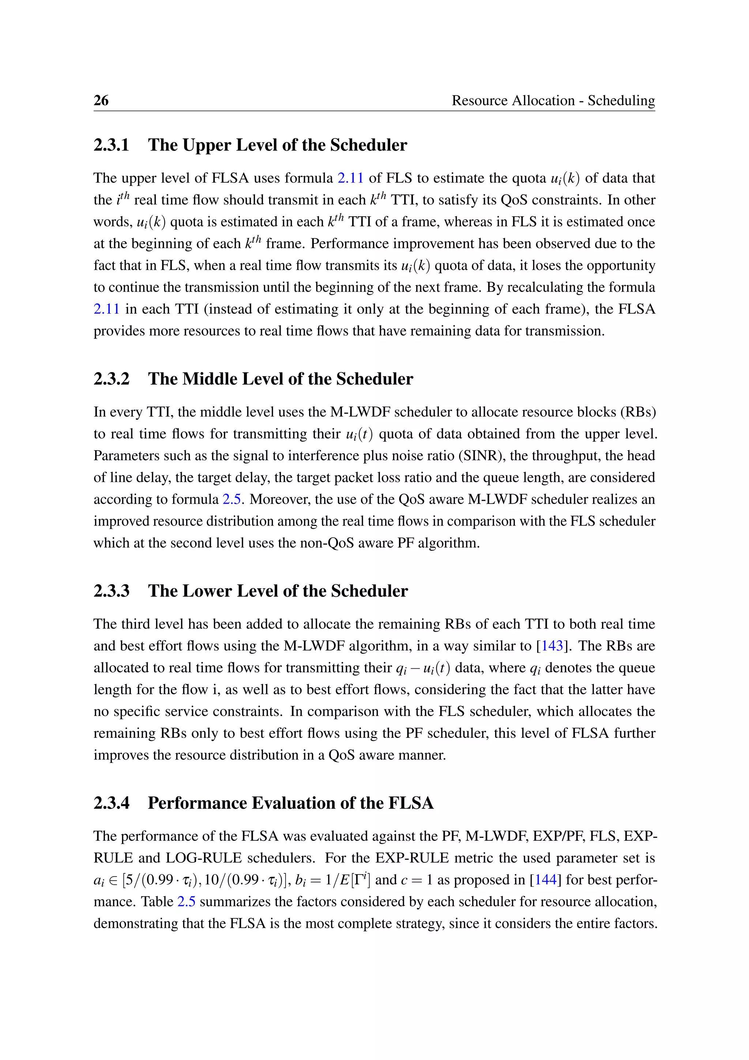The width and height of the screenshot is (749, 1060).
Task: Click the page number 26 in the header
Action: tap(101, 100)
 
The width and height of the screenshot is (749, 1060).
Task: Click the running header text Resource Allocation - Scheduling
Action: tap(553, 100)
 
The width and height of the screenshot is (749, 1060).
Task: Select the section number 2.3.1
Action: tap(111, 145)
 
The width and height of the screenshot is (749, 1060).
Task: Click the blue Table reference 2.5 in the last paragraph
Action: tap(186, 902)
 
